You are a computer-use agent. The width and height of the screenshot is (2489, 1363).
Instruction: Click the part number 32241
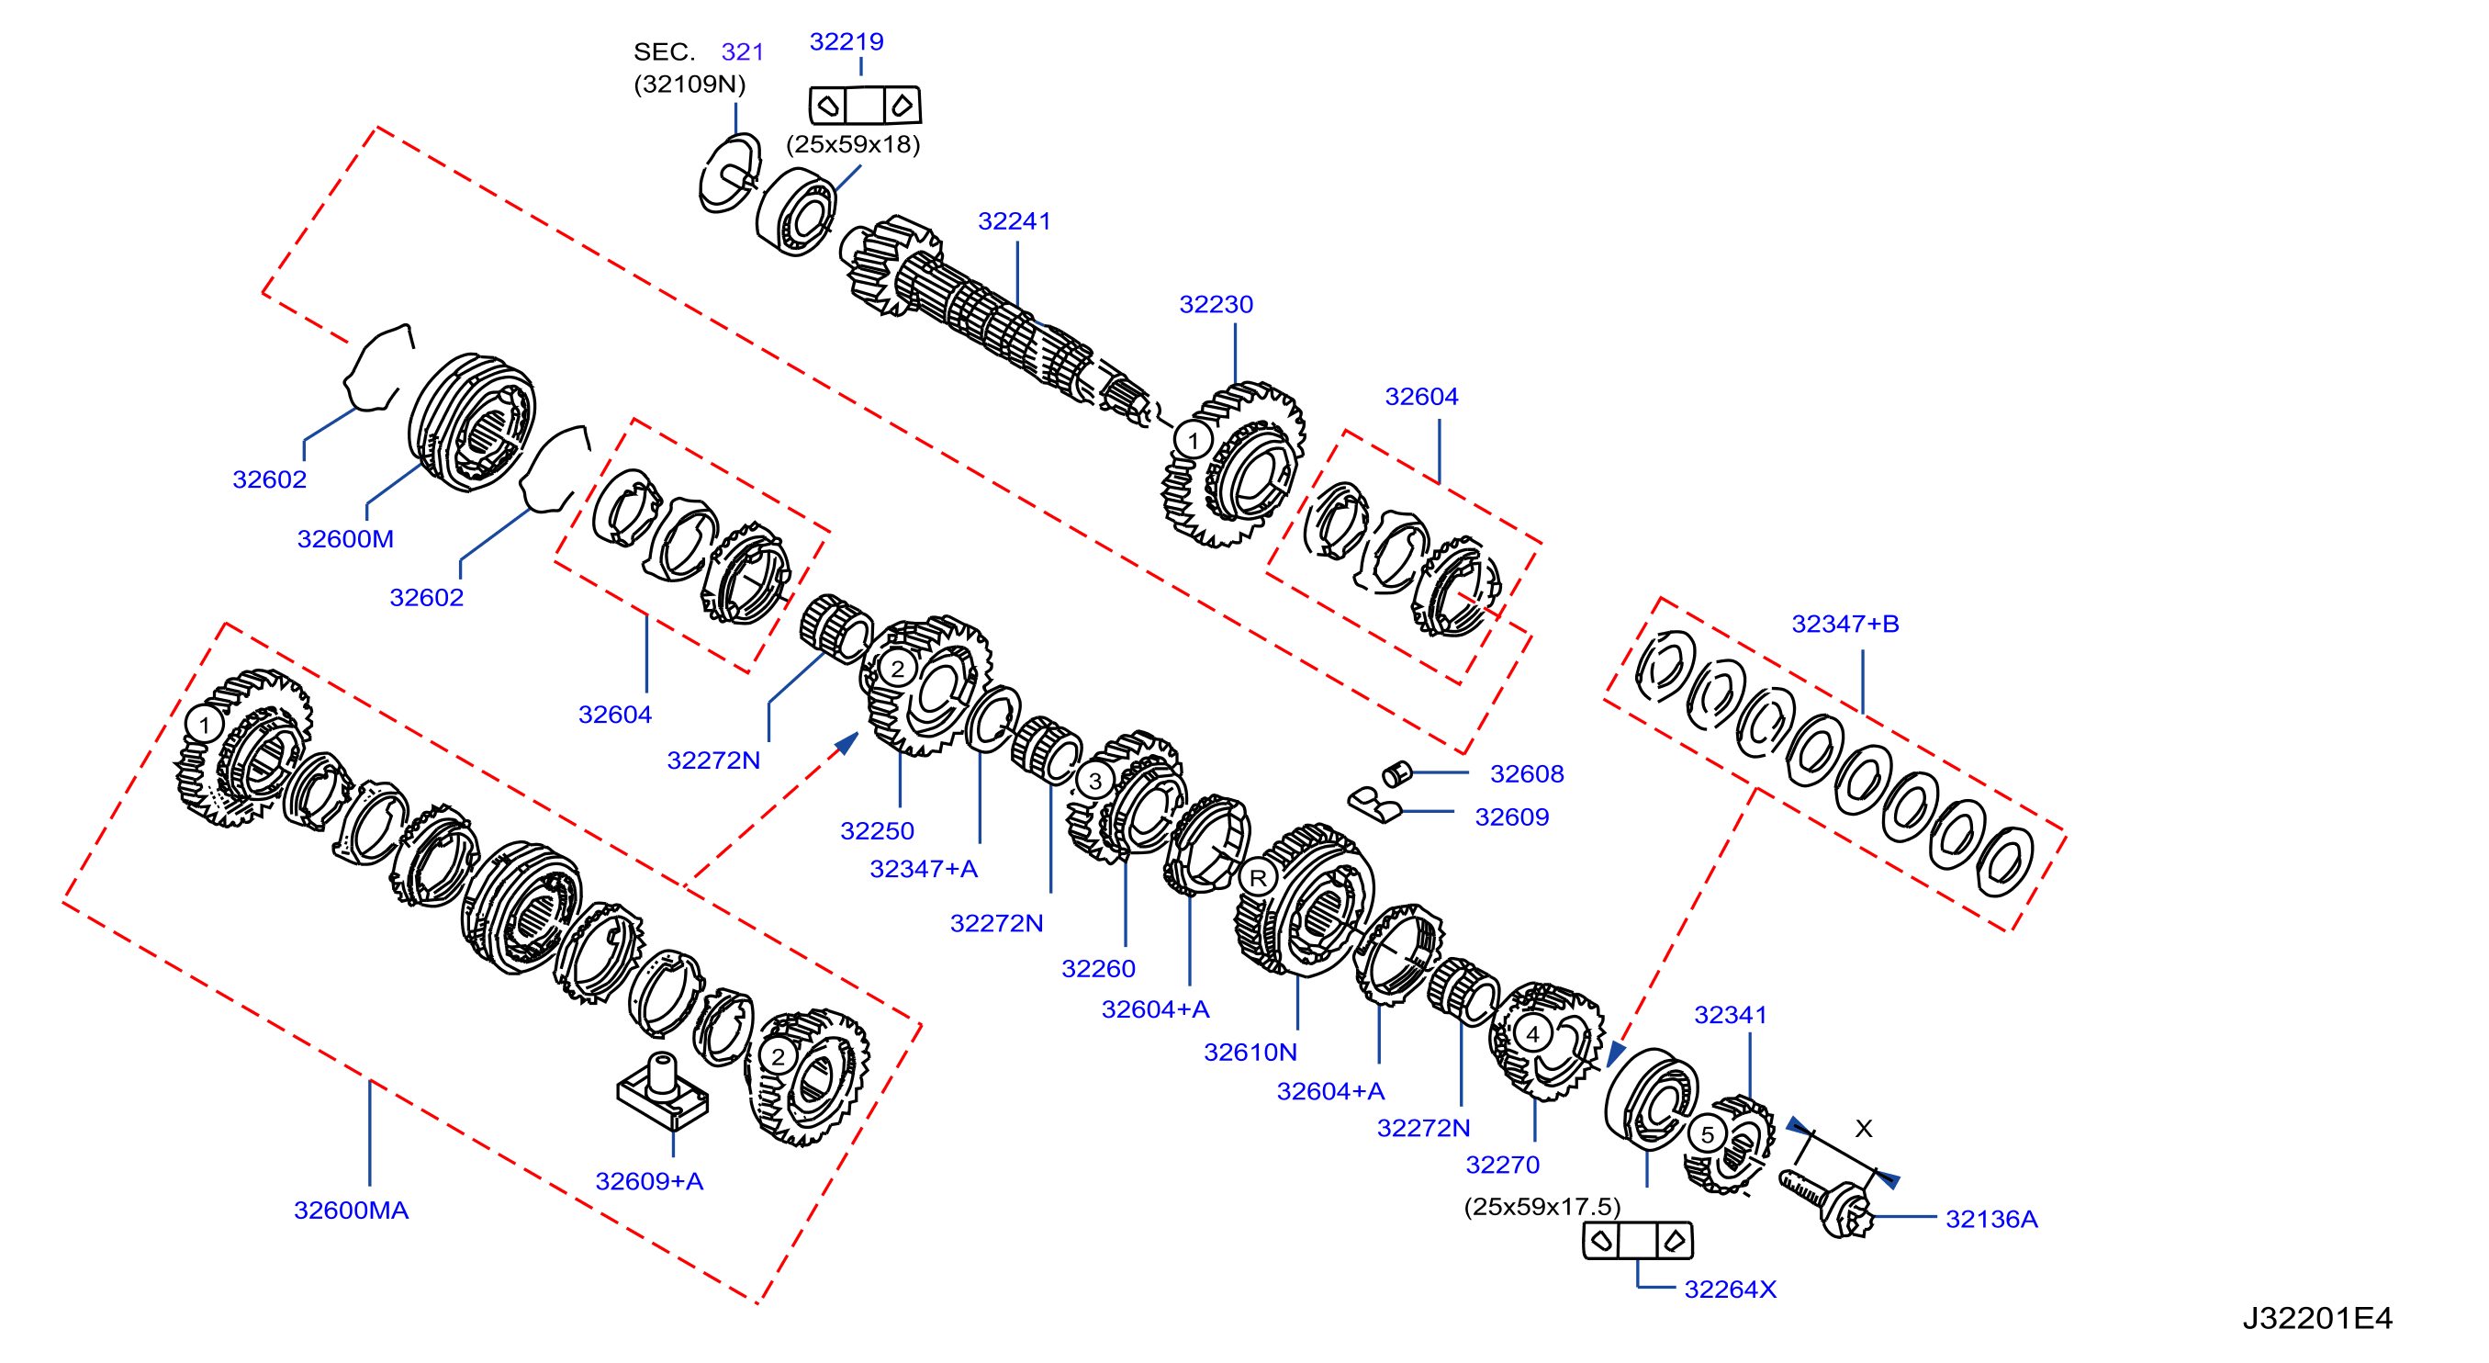pos(1014,221)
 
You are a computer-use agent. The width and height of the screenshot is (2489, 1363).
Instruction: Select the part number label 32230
pos(1216,305)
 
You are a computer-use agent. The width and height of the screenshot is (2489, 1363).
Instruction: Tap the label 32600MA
pos(351,1211)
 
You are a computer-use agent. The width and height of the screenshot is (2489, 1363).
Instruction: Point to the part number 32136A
pos(1991,1219)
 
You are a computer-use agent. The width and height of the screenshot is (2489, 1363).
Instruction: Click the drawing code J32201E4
pos(2317,1318)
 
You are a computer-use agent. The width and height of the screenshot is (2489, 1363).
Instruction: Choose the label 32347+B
pos(1844,624)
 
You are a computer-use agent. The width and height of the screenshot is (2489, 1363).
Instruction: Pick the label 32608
pos(1527,773)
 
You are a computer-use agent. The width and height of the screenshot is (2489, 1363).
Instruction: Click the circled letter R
pos(1258,878)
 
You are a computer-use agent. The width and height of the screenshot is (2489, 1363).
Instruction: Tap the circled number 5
pos(1708,1134)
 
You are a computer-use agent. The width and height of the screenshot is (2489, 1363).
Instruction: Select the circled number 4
pos(1532,1033)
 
